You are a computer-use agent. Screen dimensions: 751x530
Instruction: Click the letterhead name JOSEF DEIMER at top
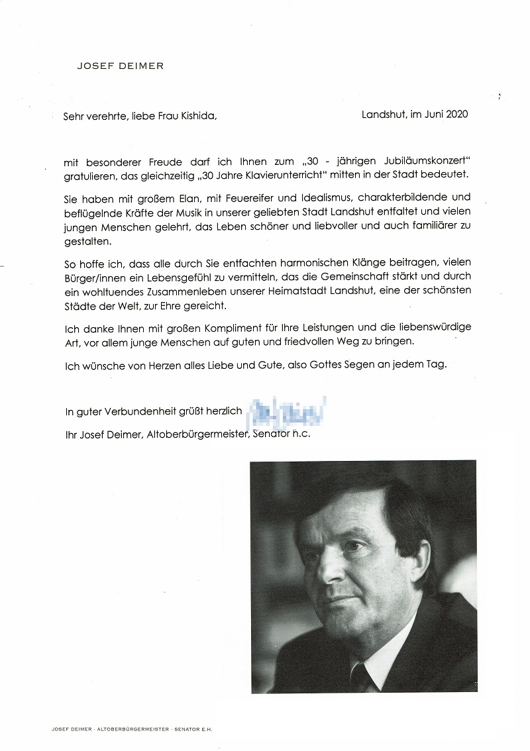click(121, 66)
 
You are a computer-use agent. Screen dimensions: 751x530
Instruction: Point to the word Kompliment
click(238, 328)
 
